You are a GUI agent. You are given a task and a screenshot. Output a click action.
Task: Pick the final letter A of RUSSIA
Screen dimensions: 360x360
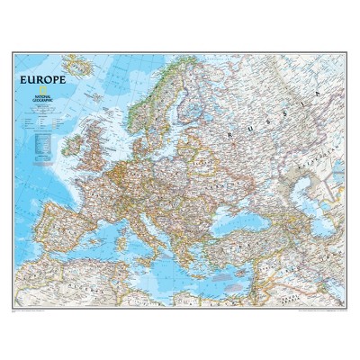click(x=319, y=94)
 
